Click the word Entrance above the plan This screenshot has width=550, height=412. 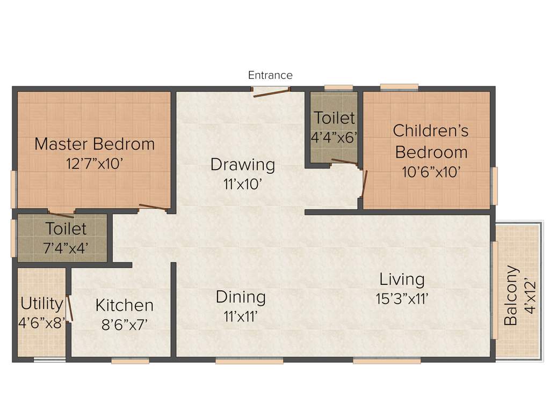(x=270, y=75)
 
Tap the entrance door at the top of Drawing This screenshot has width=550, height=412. (x=272, y=92)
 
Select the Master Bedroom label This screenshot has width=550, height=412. (x=95, y=144)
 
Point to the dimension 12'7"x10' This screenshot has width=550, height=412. (x=95, y=163)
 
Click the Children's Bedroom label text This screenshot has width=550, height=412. (x=431, y=141)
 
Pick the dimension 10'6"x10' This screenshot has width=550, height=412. (x=431, y=172)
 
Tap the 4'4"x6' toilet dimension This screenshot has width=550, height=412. (x=334, y=137)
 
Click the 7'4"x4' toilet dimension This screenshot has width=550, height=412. (x=66, y=247)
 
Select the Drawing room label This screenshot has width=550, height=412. (x=243, y=164)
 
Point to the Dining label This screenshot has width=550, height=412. (x=241, y=297)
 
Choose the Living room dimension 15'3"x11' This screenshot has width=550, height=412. (x=402, y=298)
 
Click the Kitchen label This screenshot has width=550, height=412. (x=125, y=305)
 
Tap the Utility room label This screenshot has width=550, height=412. (x=41, y=304)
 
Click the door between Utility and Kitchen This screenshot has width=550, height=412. (x=69, y=309)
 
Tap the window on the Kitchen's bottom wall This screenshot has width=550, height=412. (x=130, y=361)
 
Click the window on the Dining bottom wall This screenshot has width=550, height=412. (x=249, y=361)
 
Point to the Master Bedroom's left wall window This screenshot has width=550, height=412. (x=14, y=189)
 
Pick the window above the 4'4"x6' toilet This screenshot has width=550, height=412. (x=338, y=87)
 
